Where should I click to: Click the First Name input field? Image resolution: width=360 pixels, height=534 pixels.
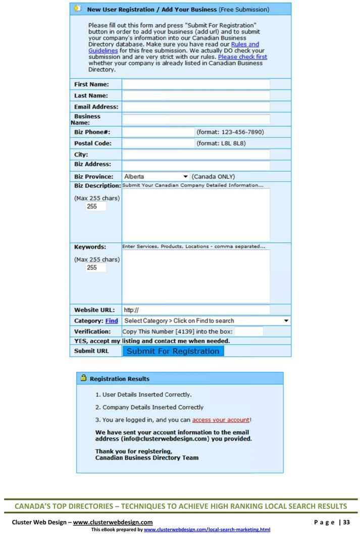coord(196,84)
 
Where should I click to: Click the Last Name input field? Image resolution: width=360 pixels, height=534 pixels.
coord(196,96)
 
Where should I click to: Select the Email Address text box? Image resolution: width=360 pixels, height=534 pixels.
coord(196,107)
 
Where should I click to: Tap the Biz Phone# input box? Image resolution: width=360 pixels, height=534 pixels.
coord(158,132)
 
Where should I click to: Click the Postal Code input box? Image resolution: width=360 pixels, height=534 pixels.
coord(158,143)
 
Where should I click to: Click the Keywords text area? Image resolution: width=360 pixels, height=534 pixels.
coord(196,276)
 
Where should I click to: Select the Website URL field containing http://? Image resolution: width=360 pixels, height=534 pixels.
coord(196,310)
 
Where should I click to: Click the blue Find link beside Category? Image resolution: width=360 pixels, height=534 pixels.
coord(112,321)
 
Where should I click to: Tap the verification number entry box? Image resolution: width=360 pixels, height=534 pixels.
coord(249,331)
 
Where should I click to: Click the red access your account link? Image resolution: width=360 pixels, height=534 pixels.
coord(221,420)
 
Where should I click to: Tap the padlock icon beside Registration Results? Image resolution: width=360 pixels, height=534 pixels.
coord(83,378)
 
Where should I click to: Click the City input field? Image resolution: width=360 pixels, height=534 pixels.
coord(196,155)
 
